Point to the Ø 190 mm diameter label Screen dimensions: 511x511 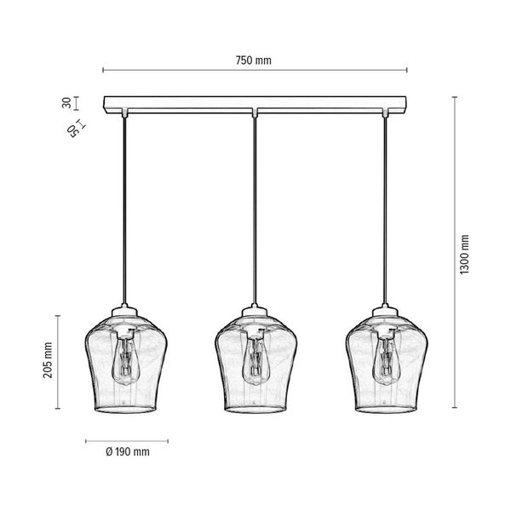pyautogui.click(x=129, y=451)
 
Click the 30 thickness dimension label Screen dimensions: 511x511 pyautogui.click(x=66, y=102)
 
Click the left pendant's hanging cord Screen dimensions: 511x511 pyautogui.click(x=126, y=213)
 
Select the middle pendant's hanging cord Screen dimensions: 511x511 pyautogui.click(x=254, y=213)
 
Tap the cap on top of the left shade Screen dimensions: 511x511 pyautogui.click(x=126, y=313)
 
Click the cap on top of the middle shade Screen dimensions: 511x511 pyautogui.click(x=254, y=313)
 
